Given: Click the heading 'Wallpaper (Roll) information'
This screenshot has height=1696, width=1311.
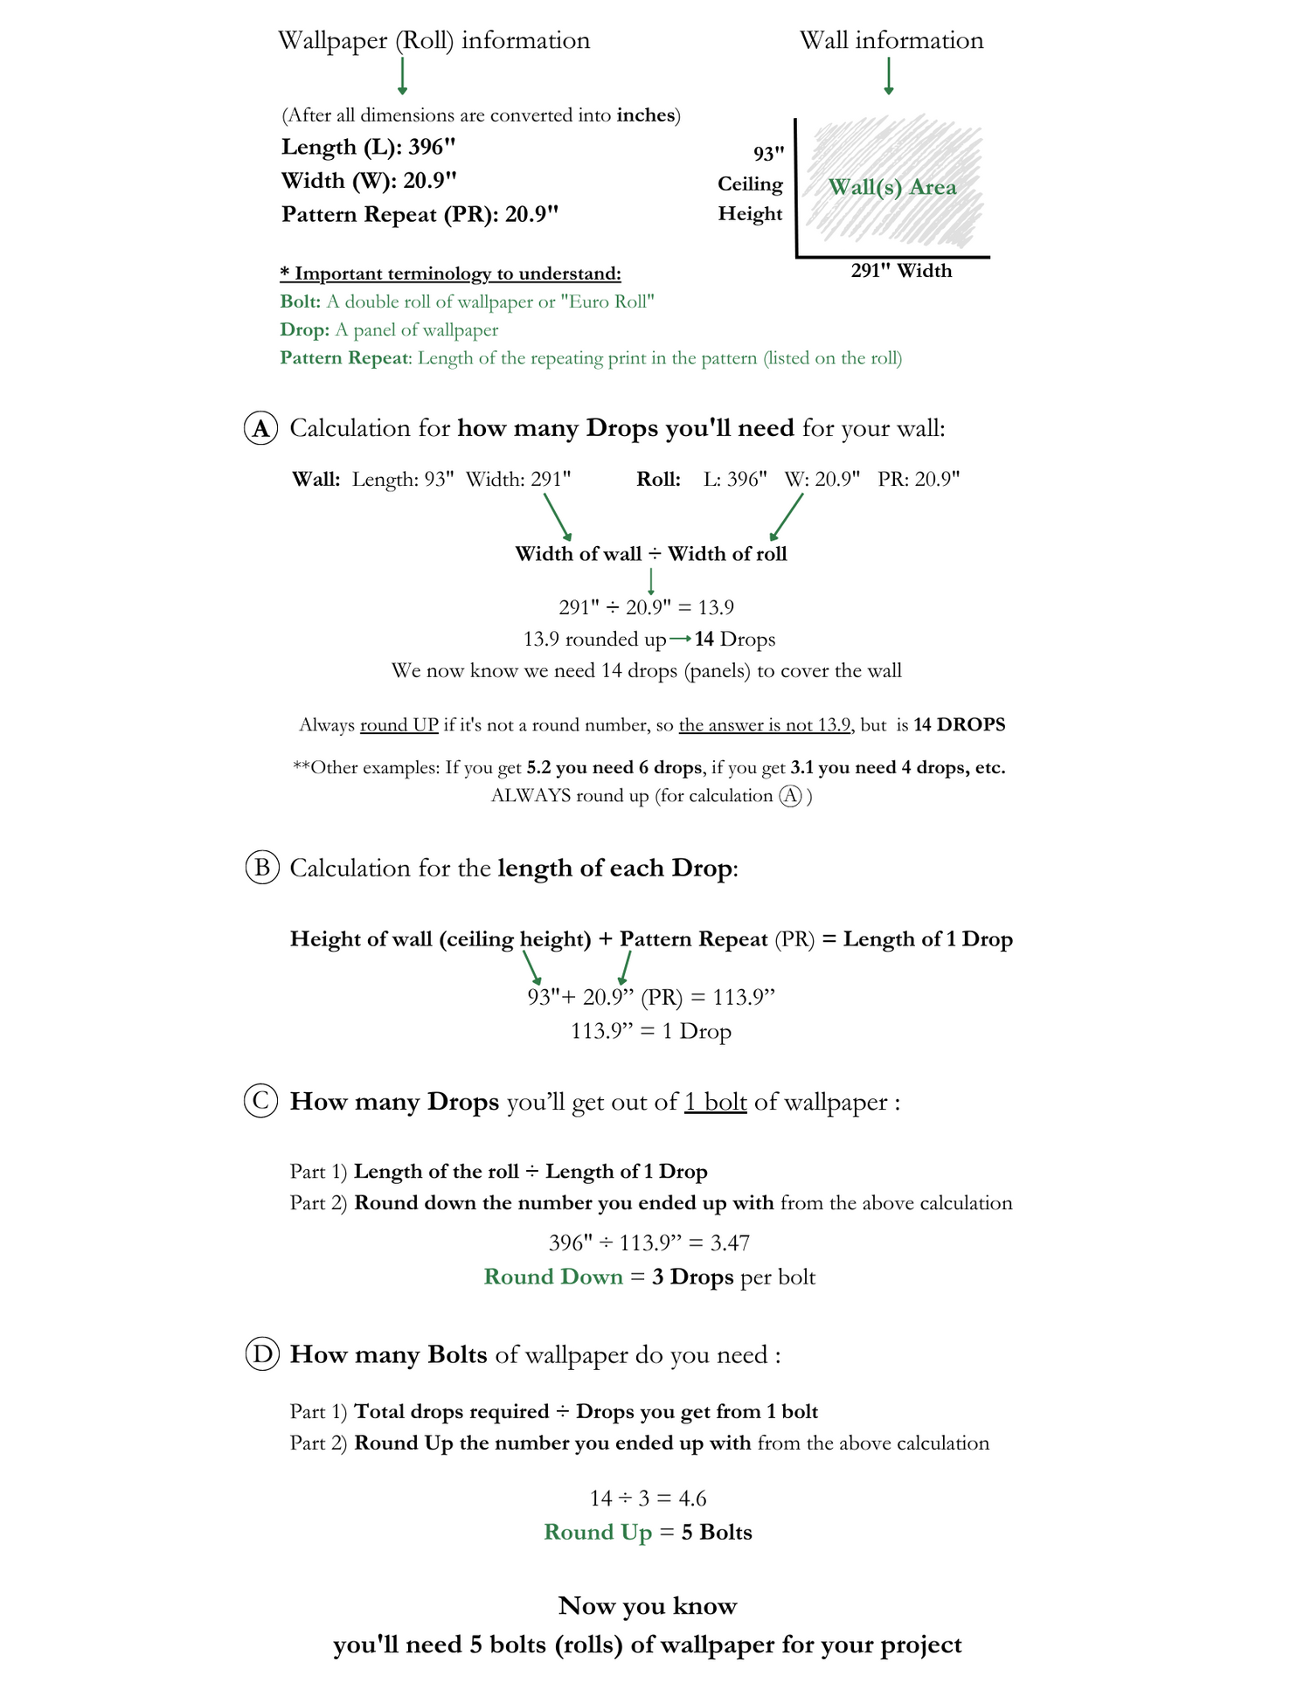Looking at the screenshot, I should point(434,40).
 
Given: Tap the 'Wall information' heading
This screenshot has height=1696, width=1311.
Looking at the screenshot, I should point(891,40).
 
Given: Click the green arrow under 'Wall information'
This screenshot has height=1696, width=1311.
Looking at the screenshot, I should point(889,76).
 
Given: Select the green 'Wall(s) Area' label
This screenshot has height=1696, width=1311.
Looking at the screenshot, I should point(892,187).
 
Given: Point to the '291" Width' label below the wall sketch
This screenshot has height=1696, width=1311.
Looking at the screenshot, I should point(901,271).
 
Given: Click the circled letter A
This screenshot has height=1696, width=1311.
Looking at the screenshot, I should point(260,428).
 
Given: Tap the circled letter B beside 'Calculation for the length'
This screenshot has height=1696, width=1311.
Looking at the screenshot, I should point(261,868).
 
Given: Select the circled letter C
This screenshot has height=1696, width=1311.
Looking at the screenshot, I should point(260,1101).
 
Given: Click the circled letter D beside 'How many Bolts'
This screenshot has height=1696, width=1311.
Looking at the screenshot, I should point(261,1354).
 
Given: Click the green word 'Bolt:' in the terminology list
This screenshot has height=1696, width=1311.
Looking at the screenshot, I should point(301,302).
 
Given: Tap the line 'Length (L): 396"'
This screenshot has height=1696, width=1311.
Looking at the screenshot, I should point(369,147).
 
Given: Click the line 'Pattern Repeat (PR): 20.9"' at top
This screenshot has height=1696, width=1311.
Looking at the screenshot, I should point(420,214).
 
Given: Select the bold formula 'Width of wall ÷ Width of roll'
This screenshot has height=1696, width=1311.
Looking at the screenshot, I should point(651,554).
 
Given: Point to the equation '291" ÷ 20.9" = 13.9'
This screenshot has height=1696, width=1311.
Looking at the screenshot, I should point(647,607).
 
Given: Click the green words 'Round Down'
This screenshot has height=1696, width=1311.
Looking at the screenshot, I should point(553,1277).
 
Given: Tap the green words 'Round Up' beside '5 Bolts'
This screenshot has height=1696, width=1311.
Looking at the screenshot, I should point(598,1533).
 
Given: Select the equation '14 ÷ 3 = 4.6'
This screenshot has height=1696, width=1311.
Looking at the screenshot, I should point(649,1499).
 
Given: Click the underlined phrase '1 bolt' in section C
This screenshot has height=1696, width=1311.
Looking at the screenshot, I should point(715,1102).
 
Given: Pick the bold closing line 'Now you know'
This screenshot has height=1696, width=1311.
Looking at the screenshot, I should point(648,1606).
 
